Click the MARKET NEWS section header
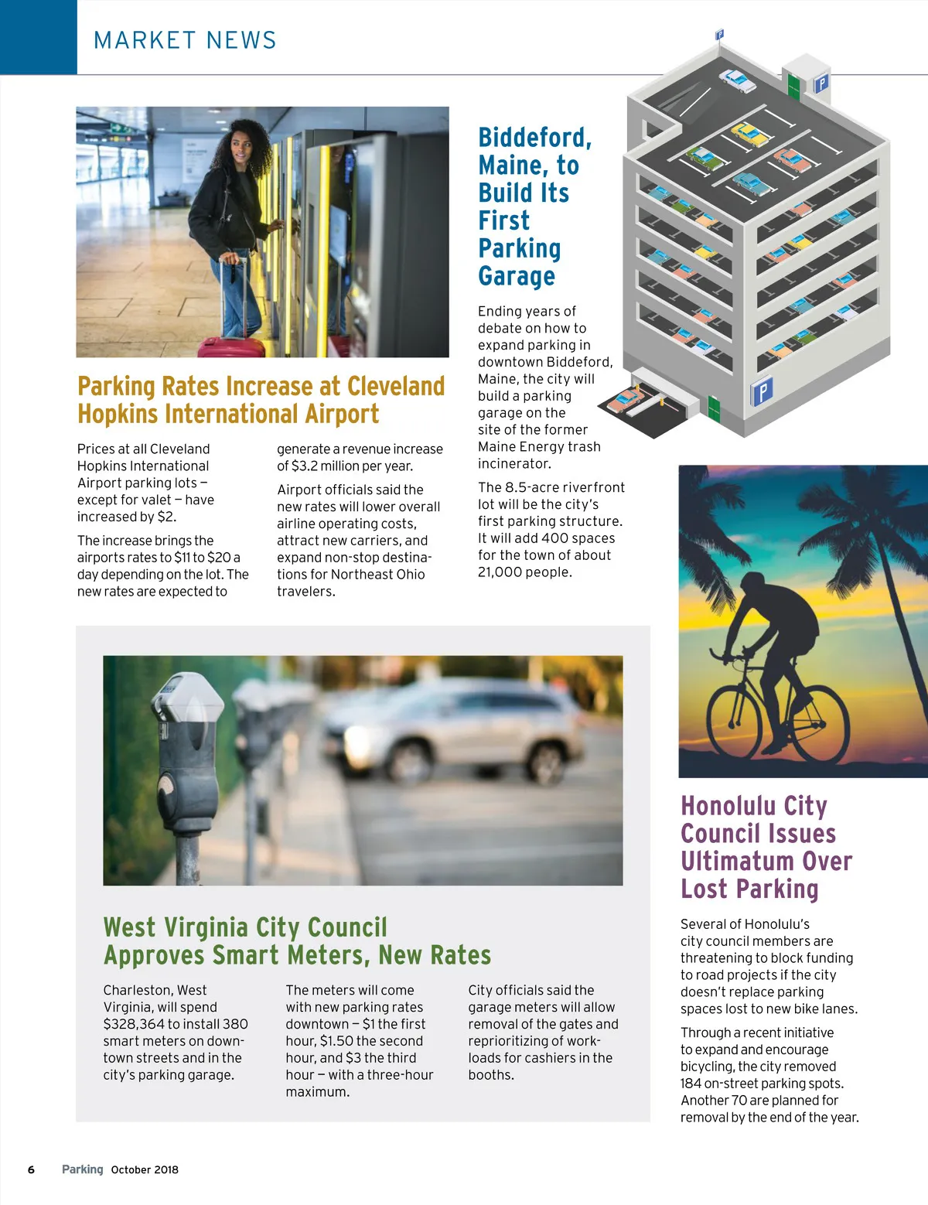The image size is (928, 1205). [185, 40]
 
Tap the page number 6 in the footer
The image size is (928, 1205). [31, 1169]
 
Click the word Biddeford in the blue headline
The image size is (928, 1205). [534, 138]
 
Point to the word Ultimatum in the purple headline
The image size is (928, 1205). [766, 862]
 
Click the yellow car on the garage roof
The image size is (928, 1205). [750, 135]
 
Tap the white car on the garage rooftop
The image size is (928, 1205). [737, 80]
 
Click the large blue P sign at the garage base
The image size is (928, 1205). [762, 391]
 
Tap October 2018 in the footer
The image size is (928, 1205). [145, 1169]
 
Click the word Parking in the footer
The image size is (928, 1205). [82, 1169]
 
